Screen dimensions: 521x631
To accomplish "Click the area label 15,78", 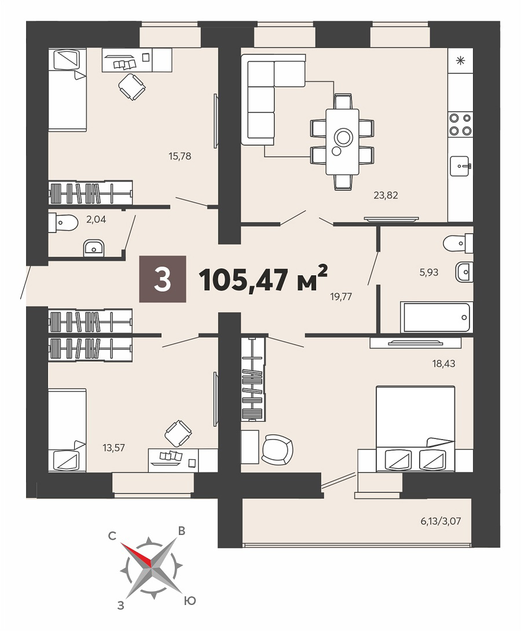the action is click(x=179, y=156).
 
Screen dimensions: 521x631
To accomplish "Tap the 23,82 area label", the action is click(x=386, y=195).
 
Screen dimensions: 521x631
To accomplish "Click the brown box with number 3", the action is click(x=163, y=279).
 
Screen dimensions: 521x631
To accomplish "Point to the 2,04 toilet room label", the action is click(x=96, y=220).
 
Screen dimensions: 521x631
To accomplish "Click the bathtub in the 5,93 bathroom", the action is click(x=435, y=318).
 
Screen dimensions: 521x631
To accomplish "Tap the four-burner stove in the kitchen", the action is click(x=461, y=124).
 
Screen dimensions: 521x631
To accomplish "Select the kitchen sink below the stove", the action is click(x=460, y=166).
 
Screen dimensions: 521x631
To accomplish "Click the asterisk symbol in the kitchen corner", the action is click(x=460, y=61).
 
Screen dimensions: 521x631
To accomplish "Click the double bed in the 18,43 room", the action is click(x=416, y=429).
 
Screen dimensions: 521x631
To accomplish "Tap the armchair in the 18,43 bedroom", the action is click(x=277, y=449).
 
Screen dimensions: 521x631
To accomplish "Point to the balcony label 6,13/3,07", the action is click(x=441, y=521).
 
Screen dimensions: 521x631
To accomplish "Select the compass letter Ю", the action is click(x=190, y=602).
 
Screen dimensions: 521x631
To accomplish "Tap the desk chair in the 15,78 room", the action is click(x=132, y=87).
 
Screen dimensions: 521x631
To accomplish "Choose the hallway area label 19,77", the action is click(x=341, y=297).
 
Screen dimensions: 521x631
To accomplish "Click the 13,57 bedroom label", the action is click(x=113, y=448).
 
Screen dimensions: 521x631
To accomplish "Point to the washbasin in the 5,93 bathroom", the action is click(x=464, y=272).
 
